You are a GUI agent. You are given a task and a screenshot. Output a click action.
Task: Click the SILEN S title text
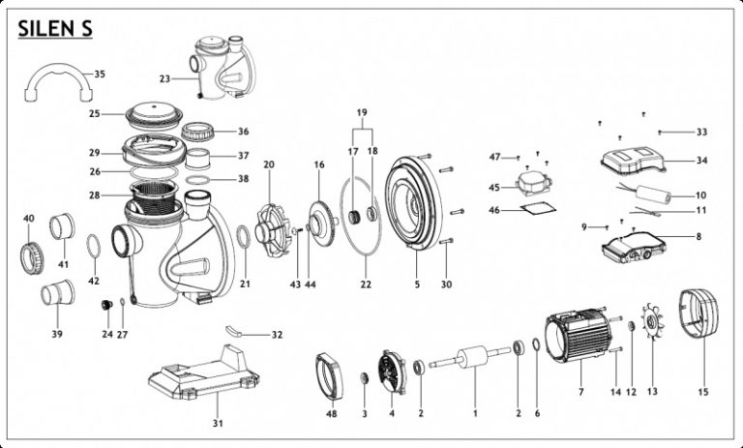pos(54,30)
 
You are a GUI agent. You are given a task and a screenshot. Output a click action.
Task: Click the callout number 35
pos(100,74)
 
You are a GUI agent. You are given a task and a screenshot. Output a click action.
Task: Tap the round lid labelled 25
pos(155,115)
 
